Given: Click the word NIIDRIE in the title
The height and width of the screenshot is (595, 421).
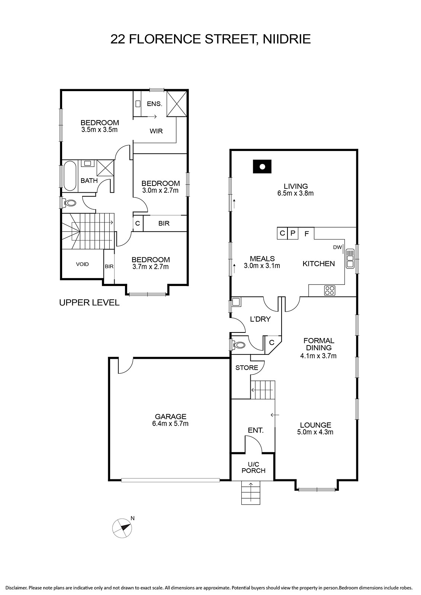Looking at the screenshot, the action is (x=287, y=39).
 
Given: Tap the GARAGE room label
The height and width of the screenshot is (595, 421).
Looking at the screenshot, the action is (x=171, y=416).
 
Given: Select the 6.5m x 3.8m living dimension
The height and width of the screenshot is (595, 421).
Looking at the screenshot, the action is (x=295, y=193).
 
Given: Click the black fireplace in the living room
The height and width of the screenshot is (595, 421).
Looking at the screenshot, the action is (x=262, y=167).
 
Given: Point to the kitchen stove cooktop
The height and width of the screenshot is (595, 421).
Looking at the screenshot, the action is (x=330, y=290).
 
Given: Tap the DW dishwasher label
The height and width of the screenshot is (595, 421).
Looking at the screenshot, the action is (x=337, y=247).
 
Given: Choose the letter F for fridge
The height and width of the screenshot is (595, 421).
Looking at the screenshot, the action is (x=306, y=234).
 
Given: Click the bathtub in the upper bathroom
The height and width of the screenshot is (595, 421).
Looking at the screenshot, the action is (x=70, y=176).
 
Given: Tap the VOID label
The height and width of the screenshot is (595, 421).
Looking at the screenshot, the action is (x=82, y=264).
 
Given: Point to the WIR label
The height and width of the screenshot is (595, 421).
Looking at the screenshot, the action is (x=156, y=131).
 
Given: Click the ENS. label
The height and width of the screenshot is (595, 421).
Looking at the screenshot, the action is (x=155, y=104).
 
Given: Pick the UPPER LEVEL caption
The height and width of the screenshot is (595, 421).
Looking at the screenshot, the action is (x=89, y=303).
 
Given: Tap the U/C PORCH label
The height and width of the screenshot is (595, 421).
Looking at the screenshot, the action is (x=253, y=467).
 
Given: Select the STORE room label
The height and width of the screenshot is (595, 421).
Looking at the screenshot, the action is (x=247, y=368).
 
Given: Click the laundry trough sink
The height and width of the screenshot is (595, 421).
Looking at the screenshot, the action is (x=237, y=302).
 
